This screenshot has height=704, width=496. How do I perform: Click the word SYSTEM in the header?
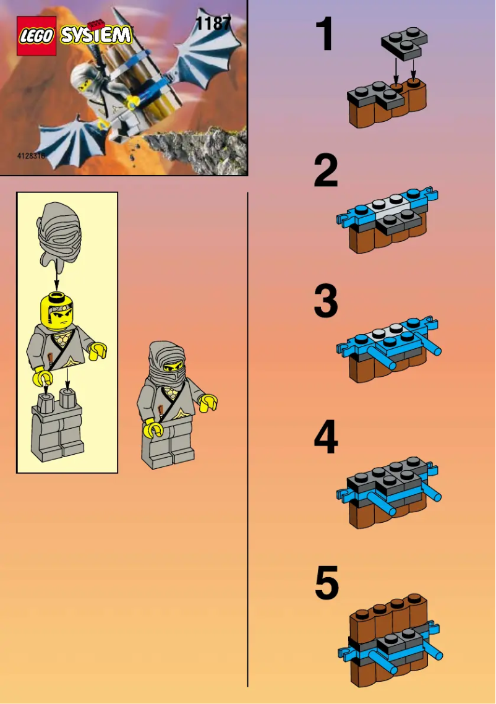(96, 34)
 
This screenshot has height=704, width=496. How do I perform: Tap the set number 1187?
(213, 24)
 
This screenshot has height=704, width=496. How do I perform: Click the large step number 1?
(325, 35)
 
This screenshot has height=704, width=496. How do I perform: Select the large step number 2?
(326, 171)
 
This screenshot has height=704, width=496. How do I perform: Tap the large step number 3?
(326, 302)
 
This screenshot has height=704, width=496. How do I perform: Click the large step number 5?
(327, 585)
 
